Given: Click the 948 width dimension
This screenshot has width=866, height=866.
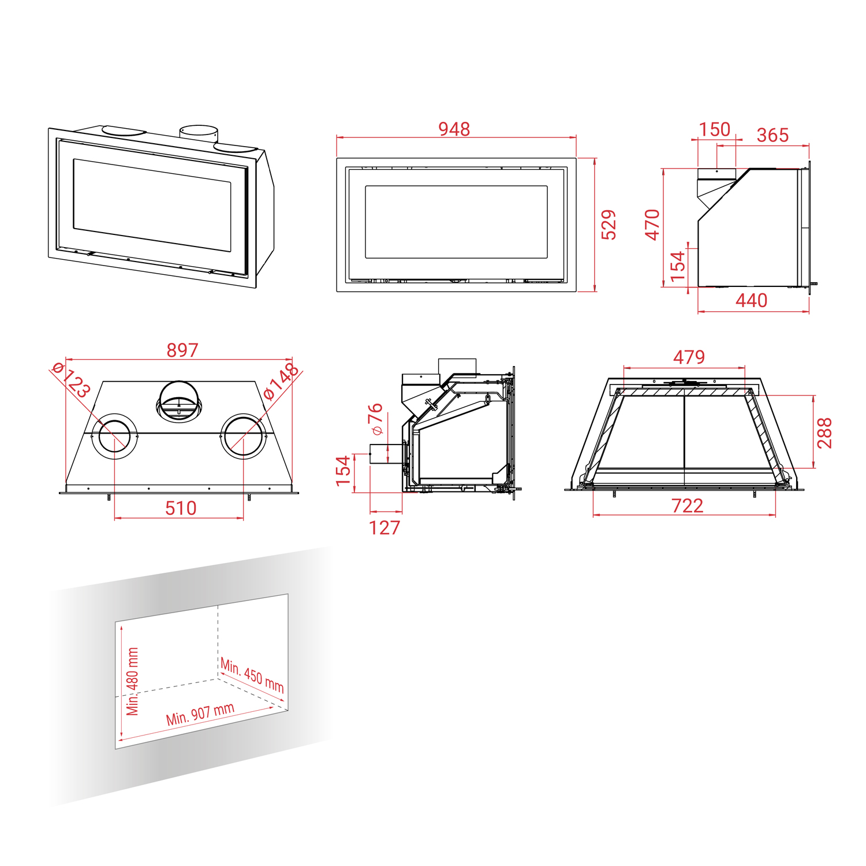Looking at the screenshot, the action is pyautogui.click(x=454, y=129).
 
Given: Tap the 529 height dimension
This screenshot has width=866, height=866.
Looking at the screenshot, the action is pyautogui.click(x=609, y=225).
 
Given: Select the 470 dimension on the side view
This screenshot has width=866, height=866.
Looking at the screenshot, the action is pyautogui.click(x=652, y=225).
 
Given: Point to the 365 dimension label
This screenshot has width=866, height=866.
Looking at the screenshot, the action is pyautogui.click(x=772, y=135).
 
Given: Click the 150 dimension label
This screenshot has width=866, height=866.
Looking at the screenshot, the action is pyautogui.click(x=715, y=129).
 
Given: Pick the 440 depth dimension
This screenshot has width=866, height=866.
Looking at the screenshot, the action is pyautogui.click(x=751, y=300).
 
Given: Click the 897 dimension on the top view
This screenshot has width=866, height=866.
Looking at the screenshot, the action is pyautogui.click(x=182, y=350).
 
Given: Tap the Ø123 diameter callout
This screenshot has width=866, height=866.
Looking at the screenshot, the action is pyautogui.click(x=71, y=379).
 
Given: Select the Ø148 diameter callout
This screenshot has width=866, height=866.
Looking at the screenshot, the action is pyautogui.click(x=281, y=381).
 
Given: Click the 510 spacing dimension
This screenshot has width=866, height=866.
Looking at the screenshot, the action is pyautogui.click(x=181, y=508).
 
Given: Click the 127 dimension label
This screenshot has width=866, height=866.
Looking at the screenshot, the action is pyautogui.click(x=385, y=528).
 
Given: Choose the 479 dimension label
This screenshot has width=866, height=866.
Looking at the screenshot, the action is pyautogui.click(x=689, y=357).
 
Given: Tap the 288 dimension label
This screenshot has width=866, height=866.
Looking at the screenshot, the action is pyautogui.click(x=824, y=433).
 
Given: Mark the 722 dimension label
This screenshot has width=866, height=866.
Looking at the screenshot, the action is pyautogui.click(x=688, y=506).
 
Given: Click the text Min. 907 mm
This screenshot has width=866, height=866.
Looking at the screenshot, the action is pyautogui.click(x=200, y=714).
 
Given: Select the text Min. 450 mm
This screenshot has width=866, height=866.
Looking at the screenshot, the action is pyautogui.click(x=252, y=675).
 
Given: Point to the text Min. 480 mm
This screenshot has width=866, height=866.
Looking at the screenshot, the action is pyautogui.click(x=133, y=682).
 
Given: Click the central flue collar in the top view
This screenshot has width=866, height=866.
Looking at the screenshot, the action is pyautogui.click(x=179, y=401).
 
